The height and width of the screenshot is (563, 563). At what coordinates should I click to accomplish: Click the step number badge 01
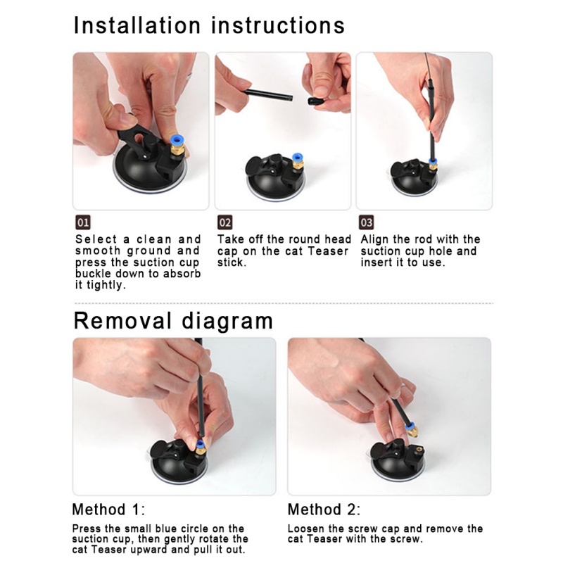[x=82, y=222]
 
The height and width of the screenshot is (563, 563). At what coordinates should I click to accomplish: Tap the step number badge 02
[x=224, y=222]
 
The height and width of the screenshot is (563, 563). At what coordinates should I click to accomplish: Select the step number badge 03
[x=366, y=222]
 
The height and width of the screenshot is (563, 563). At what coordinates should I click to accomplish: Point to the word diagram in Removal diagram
[x=227, y=321]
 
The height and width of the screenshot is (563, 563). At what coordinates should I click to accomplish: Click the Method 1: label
[x=108, y=510]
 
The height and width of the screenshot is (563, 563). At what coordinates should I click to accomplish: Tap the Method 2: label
[x=324, y=510]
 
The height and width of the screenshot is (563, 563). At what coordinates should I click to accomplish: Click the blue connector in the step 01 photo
[x=177, y=140]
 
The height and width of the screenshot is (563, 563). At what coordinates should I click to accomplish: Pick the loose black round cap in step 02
[x=316, y=101]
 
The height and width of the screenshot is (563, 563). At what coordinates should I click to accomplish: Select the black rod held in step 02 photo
[x=268, y=95]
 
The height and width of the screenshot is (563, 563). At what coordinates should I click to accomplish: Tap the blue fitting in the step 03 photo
[x=433, y=162]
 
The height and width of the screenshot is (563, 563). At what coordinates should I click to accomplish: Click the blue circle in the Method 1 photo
[x=201, y=443]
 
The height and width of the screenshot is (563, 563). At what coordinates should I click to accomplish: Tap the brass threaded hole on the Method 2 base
[x=418, y=449]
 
